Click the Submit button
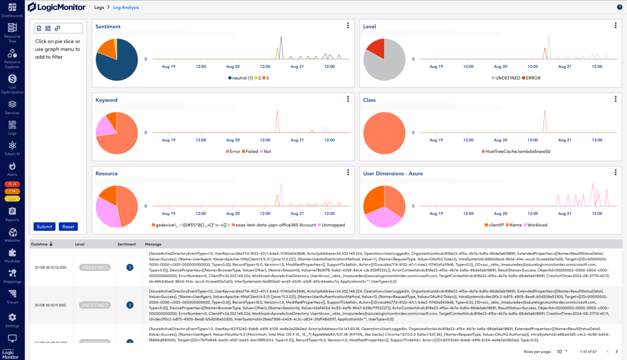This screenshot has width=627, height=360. point(44,227)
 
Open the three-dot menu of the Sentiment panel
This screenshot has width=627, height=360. point(348,26)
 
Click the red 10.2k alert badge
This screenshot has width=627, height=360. point(12,184)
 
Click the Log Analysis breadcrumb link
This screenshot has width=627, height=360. point(126,7)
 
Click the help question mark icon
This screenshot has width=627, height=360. point(619,7)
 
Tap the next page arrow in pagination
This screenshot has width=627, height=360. point(617,351)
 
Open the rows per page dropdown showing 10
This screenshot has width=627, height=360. point(562,351)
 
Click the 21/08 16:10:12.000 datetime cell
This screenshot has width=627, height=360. point(51,268)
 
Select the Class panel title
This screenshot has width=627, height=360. point(369,100)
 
